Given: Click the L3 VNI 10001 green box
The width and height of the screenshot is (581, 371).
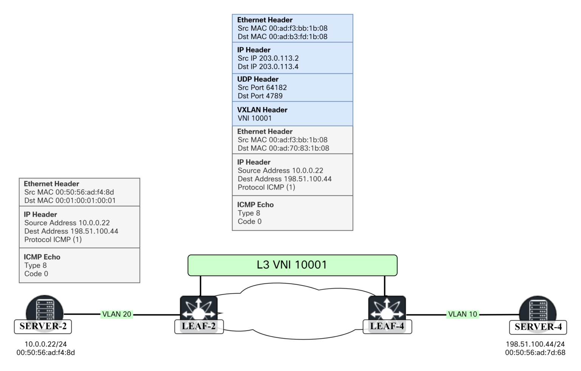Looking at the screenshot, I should tap(292, 265).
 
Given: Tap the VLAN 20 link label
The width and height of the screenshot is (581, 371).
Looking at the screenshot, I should tap(117, 314).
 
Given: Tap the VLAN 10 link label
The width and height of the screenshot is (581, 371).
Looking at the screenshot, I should tap(462, 314).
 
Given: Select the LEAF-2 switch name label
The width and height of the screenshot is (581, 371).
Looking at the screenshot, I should tap(199, 326).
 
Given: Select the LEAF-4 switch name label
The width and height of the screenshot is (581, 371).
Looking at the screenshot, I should tap(387, 326).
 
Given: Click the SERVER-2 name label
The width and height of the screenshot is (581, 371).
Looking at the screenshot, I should tap(43, 326).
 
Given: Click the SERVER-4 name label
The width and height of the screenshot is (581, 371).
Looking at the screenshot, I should tap(538, 327).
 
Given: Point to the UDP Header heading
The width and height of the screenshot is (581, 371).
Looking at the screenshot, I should tap(258, 79).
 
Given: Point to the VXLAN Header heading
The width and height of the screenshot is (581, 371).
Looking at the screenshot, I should tap(262, 110).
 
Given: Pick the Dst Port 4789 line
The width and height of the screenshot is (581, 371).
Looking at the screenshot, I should tap(260, 96).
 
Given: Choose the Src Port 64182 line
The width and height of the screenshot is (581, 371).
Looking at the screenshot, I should tap(262, 88).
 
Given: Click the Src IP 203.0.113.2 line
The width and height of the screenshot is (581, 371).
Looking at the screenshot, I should tap(268, 58).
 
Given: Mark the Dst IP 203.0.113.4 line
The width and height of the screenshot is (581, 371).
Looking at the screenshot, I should tap(268, 67).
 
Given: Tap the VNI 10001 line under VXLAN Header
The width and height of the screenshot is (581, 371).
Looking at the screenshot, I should tap(255, 118).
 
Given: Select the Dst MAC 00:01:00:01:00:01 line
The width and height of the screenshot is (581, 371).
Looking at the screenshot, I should tap(70, 200).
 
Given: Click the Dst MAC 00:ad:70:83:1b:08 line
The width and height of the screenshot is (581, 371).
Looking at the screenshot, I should tap(283, 148).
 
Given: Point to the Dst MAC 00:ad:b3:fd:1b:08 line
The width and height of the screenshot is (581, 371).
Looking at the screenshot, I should tap(283, 37).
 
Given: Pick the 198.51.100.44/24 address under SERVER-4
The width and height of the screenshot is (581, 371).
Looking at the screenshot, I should tap(535, 344).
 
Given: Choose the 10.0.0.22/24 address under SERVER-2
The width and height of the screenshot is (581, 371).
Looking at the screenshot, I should tap(45, 344).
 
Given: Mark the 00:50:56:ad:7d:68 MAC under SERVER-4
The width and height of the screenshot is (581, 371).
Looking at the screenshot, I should tap(535, 352).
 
